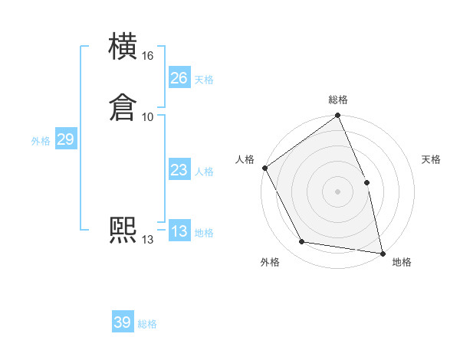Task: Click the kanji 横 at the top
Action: [123, 47]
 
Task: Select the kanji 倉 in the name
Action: [123, 108]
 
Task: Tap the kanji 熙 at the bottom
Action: [123, 231]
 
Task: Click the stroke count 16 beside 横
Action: [148, 56]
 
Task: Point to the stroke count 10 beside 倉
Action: [148, 117]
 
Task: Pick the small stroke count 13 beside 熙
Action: [148, 240]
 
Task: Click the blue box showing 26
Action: [179, 78]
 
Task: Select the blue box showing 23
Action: [179, 170]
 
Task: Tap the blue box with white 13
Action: [179, 231]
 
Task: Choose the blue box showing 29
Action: [65, 139]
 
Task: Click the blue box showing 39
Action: [122, 322]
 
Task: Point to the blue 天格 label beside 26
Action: [204, 80]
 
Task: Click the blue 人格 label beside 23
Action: [204, 172]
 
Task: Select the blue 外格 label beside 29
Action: [41, 141]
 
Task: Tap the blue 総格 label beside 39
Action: [147, 324]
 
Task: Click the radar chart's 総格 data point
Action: [337, 116]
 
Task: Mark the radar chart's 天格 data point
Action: [366, 182]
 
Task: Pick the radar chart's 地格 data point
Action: [382, 253]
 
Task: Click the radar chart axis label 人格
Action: [245, 159]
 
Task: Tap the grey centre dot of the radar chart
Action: [337, 191]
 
